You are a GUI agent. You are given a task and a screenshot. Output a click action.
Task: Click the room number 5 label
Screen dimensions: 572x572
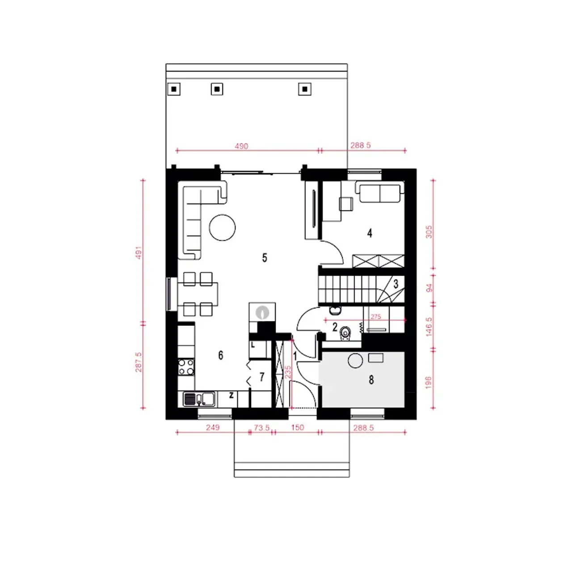264,258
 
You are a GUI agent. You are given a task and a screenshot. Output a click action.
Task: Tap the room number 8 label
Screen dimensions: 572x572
371,380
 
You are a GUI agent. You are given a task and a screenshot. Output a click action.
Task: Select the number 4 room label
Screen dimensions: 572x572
370,233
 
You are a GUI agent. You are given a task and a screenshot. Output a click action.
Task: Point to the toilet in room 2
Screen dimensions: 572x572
345,333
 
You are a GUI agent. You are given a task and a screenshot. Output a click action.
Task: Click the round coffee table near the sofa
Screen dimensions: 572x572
222,227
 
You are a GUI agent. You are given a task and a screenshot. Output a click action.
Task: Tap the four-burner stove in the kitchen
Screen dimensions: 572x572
186,367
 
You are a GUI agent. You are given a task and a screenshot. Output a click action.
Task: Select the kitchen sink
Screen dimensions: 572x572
199,399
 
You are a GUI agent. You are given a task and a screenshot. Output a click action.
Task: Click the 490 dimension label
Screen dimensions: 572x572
241,146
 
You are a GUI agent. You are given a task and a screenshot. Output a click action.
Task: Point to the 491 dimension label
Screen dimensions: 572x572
139,252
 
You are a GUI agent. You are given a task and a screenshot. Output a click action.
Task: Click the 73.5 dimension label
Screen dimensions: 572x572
261,428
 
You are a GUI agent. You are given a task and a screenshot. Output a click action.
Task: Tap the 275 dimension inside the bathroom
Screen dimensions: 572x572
375,317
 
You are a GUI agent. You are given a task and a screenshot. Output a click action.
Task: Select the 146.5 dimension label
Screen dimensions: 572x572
429,327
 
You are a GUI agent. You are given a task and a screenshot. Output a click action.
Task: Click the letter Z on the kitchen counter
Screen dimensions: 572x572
231,395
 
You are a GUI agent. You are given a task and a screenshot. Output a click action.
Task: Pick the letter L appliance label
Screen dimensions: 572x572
252,345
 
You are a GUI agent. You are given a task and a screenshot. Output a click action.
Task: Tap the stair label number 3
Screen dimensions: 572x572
395,284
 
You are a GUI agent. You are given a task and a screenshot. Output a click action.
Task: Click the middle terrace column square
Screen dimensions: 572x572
217,89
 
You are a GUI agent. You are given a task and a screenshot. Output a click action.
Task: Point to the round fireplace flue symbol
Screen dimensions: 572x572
262,312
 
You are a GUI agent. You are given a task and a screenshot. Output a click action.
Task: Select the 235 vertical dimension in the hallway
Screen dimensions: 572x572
288,372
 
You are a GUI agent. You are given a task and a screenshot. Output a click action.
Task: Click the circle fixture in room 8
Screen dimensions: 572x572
355,361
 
